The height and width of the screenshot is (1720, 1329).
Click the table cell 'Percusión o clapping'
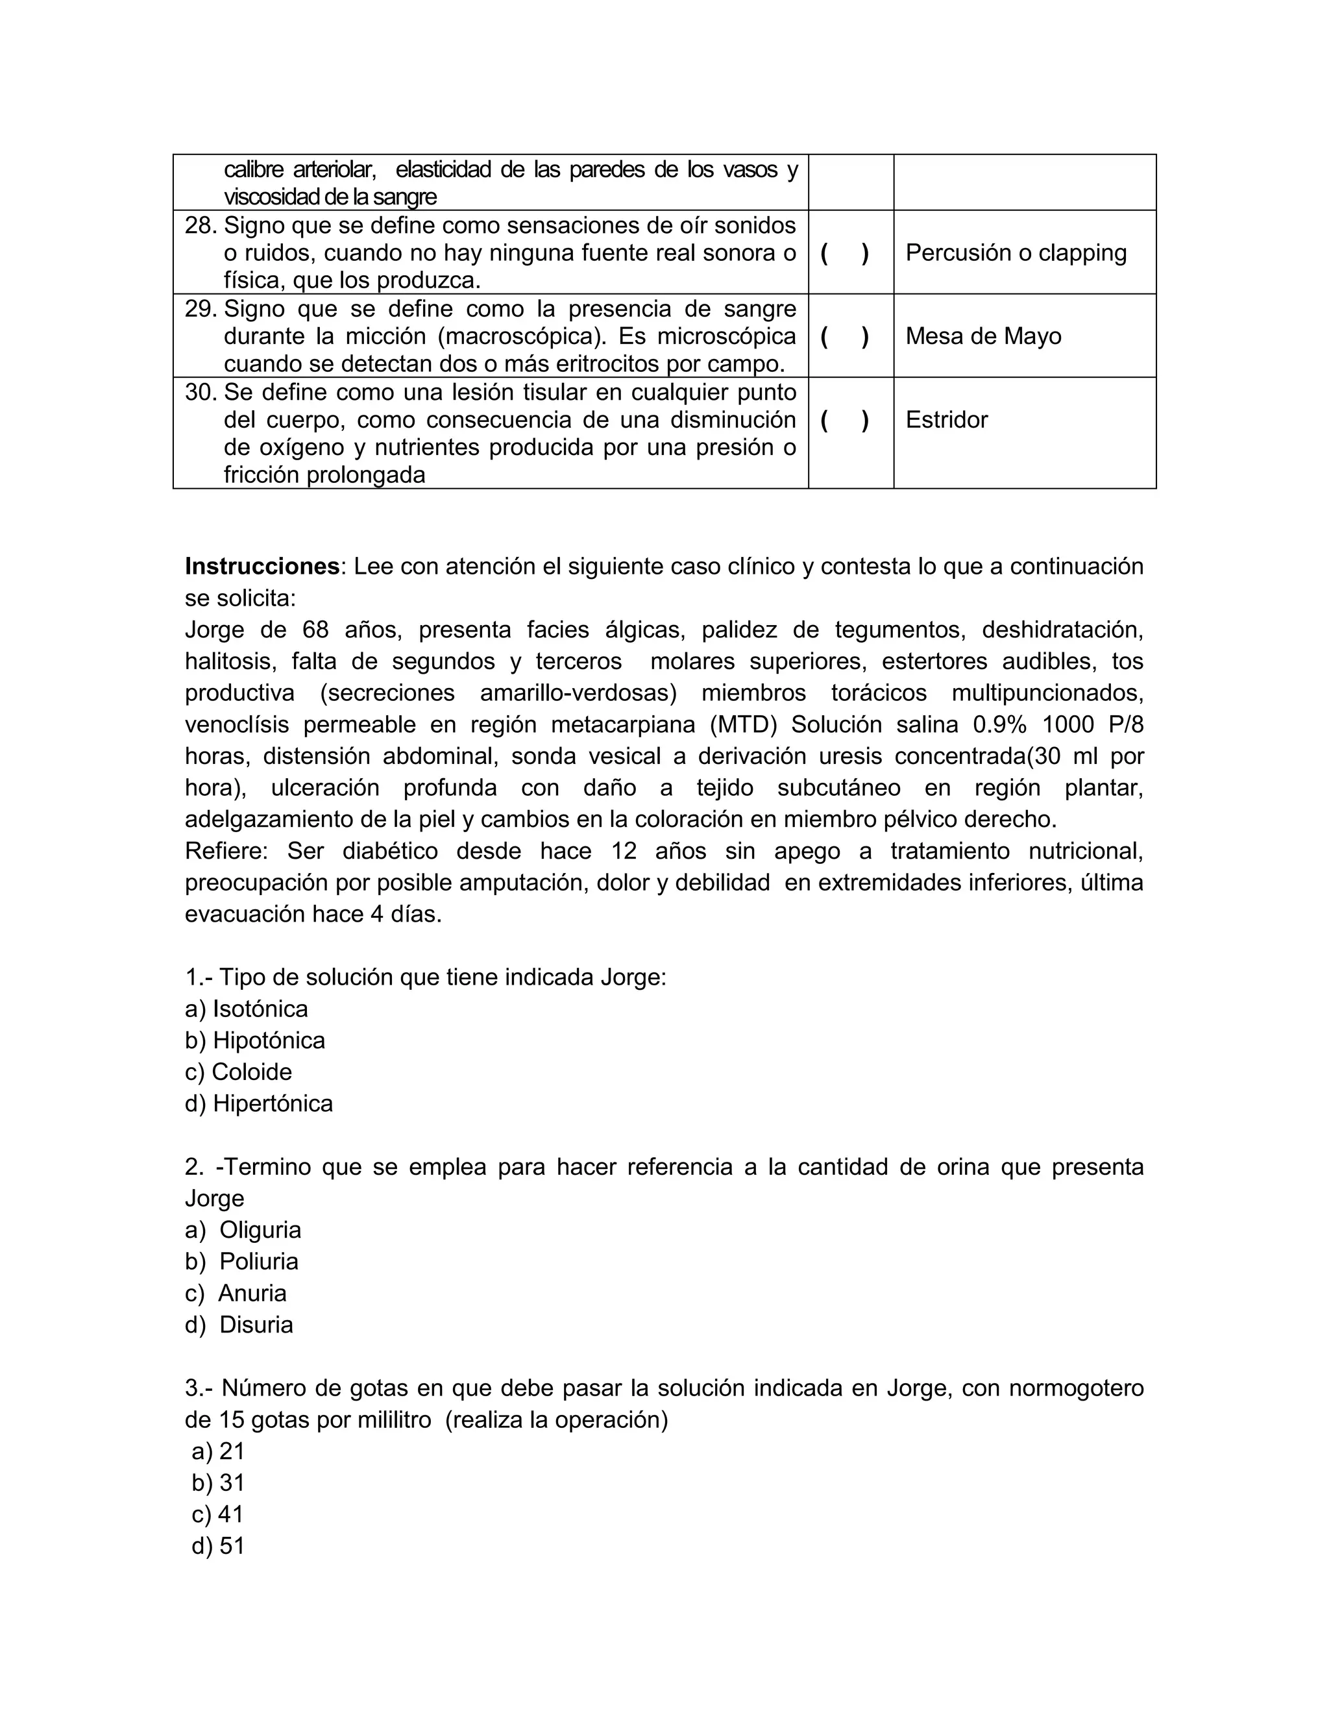[x=1016, y=252]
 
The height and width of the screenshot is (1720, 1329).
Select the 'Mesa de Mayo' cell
[x=983, y=336]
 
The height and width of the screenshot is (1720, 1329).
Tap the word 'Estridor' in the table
[x=946, y=420]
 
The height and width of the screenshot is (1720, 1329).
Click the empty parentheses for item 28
[x=845, y=252]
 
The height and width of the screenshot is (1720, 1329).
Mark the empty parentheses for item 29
[x=845, y=336]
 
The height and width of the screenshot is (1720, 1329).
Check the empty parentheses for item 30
[x=845, y=420]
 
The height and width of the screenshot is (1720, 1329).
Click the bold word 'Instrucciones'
[x=262, y=566]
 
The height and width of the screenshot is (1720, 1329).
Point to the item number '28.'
[x=200, y=226]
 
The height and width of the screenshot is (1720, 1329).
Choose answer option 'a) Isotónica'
[x=247, y=1009]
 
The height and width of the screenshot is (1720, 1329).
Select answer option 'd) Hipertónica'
[x=259, y=1103]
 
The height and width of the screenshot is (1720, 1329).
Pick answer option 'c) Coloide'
[x=239, y=1072]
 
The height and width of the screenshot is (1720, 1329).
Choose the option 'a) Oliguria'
[x=243, y=1230]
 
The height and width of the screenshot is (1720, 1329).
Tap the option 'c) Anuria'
[x=236, y=1293]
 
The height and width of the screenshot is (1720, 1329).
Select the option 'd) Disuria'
[x=239, y=1325]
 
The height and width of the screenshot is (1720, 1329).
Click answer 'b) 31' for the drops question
[x=218, y=1483]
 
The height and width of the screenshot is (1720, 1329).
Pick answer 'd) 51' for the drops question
[x=218, y=1546]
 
